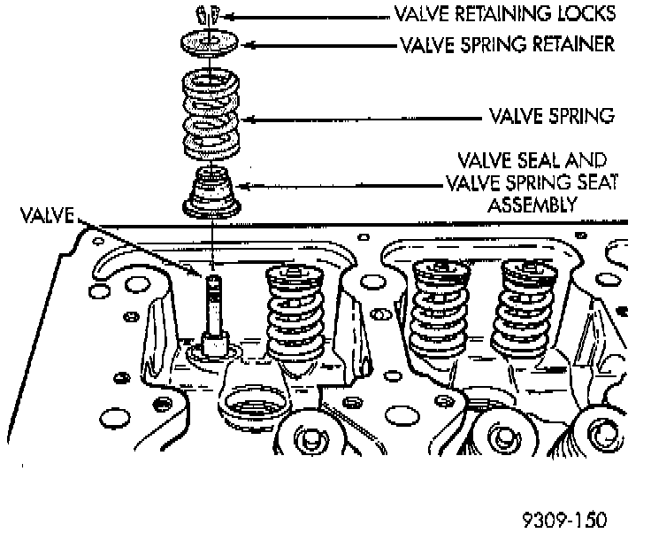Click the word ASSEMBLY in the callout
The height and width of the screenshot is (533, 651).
531,204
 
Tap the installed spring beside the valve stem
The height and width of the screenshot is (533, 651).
292,314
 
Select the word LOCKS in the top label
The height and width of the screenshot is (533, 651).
586,14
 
